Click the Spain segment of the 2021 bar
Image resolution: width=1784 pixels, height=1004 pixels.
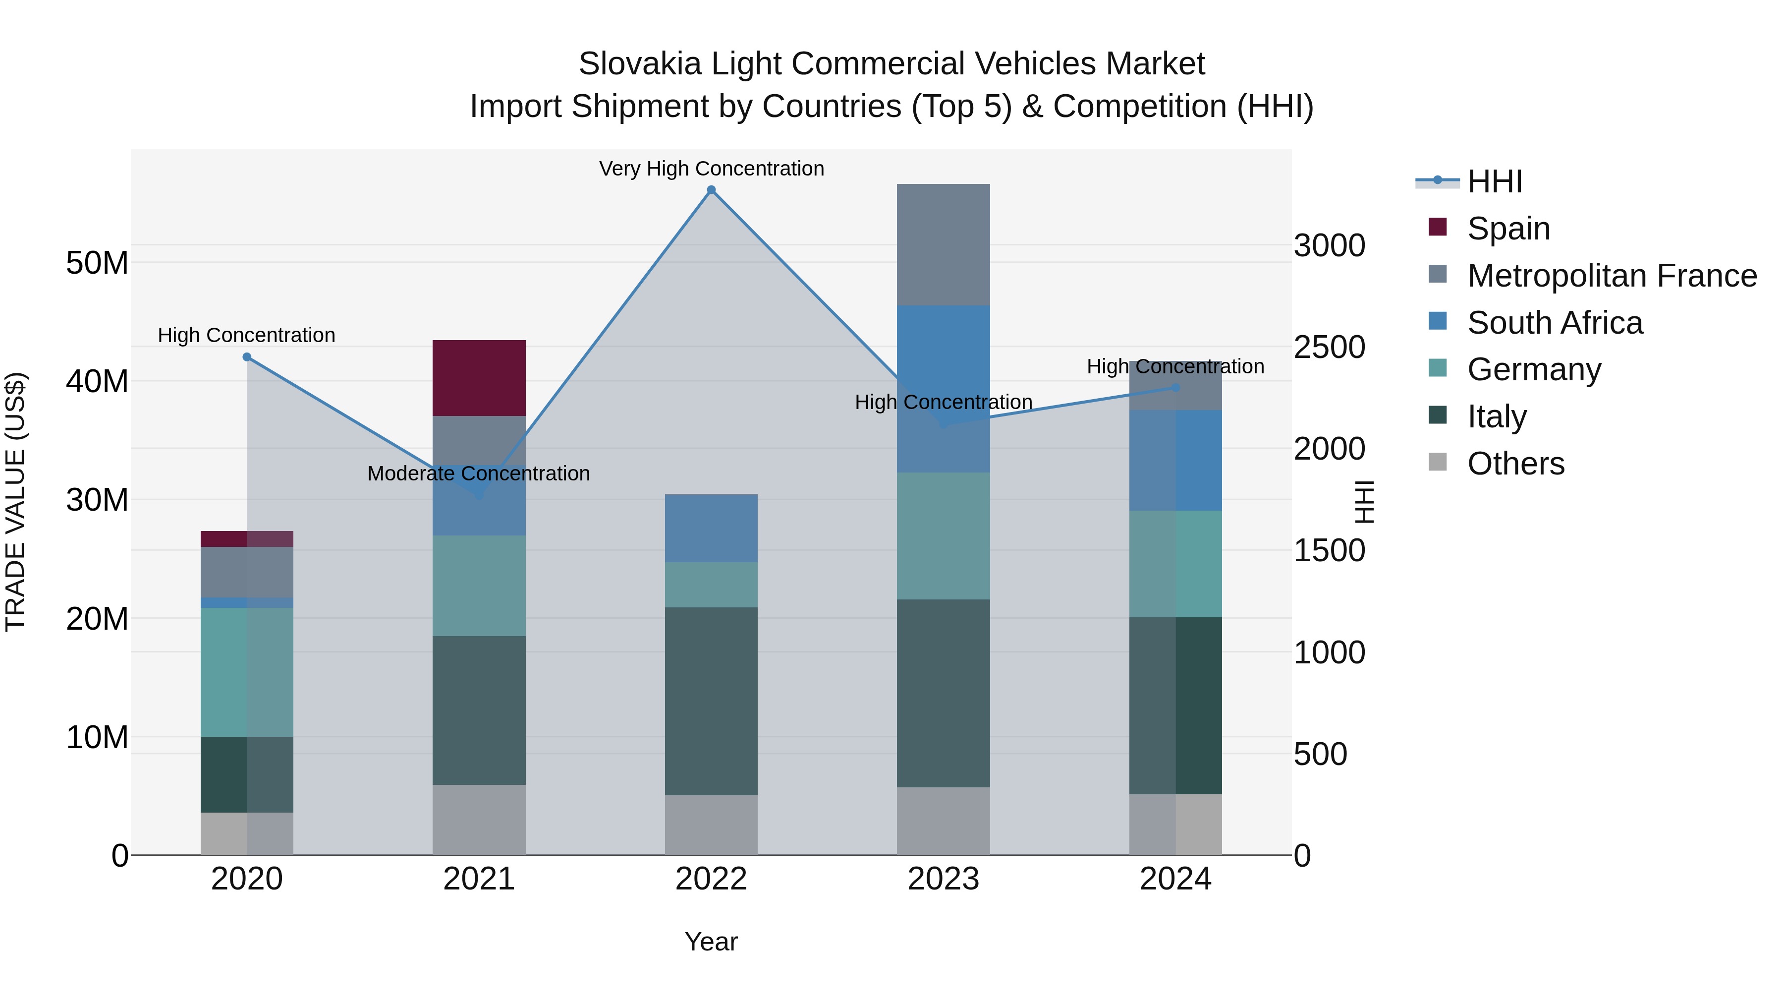(x=479, y=378)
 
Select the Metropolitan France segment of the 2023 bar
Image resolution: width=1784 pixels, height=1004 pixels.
(x=943, y=244)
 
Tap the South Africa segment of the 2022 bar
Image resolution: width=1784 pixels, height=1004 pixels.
(x=711, y=528)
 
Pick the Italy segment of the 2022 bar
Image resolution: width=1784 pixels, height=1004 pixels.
(x=711, y=701)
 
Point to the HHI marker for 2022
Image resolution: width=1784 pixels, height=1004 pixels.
(x=711, y=190)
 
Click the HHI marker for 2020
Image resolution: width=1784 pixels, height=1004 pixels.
(x=247, y=357)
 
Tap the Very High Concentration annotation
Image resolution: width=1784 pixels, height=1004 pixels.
(x=711, y=169)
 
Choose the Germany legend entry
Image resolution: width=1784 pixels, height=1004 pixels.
(x=1533, y=369)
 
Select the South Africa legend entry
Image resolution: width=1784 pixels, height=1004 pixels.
(x=1554, y=323)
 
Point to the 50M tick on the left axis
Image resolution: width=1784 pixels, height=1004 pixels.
(x=97, y=263)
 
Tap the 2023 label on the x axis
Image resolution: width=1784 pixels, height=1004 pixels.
(x=943, y=879)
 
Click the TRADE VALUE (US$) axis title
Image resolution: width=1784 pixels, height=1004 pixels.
(x=15, y=502)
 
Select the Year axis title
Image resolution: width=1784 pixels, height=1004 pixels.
(x=711, y=942)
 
